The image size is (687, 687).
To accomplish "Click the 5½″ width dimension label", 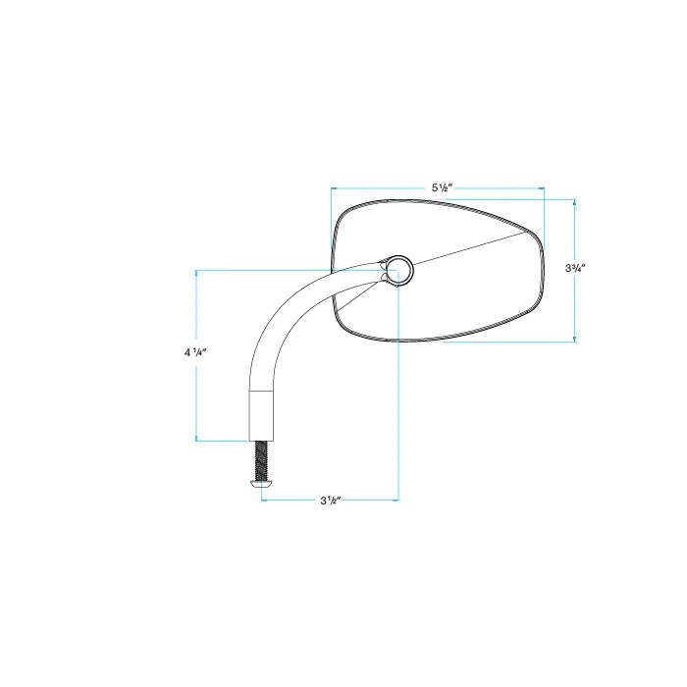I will pyautogui.click(x=442, y=186).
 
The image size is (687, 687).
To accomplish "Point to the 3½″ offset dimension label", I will pyautogui.click(x=330, y=501).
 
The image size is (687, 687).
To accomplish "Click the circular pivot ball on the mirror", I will pyautogui.click(x=399, y=269).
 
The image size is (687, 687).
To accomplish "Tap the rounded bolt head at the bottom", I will pyautogui.click(x=262, y=483).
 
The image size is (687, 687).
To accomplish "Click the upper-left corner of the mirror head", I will pyautogui.click(x=342, y=211).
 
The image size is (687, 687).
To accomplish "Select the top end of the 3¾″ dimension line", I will pyautogui.click(x=575, y=200).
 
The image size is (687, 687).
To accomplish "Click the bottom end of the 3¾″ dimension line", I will pyautogui.click(x=575, y=342).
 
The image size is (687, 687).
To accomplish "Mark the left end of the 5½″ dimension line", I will pyautogui.click(x=332, y=186).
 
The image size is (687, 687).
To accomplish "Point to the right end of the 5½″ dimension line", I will pyautogui.click(x=545, y=186).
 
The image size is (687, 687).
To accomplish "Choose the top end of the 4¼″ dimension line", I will pyautogui.click(x=198, y=270).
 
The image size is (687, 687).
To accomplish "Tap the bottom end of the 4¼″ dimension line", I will pyautogui.click(x=198, y=440).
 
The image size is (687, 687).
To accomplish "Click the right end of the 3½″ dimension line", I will pyautogui.click(x=398, y=501).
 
